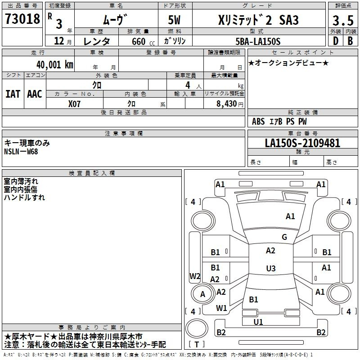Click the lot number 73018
(x=22, y=19)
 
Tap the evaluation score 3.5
(x=343, y=20)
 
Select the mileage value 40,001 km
(x=54, y=65)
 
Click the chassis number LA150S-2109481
(x=302, y=143)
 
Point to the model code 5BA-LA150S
(x=258, y=41)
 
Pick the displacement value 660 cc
(x=143, y=42)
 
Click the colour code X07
(x=74, y=104)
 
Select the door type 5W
(x=174, y=20)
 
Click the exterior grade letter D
(x=336, y=41)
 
